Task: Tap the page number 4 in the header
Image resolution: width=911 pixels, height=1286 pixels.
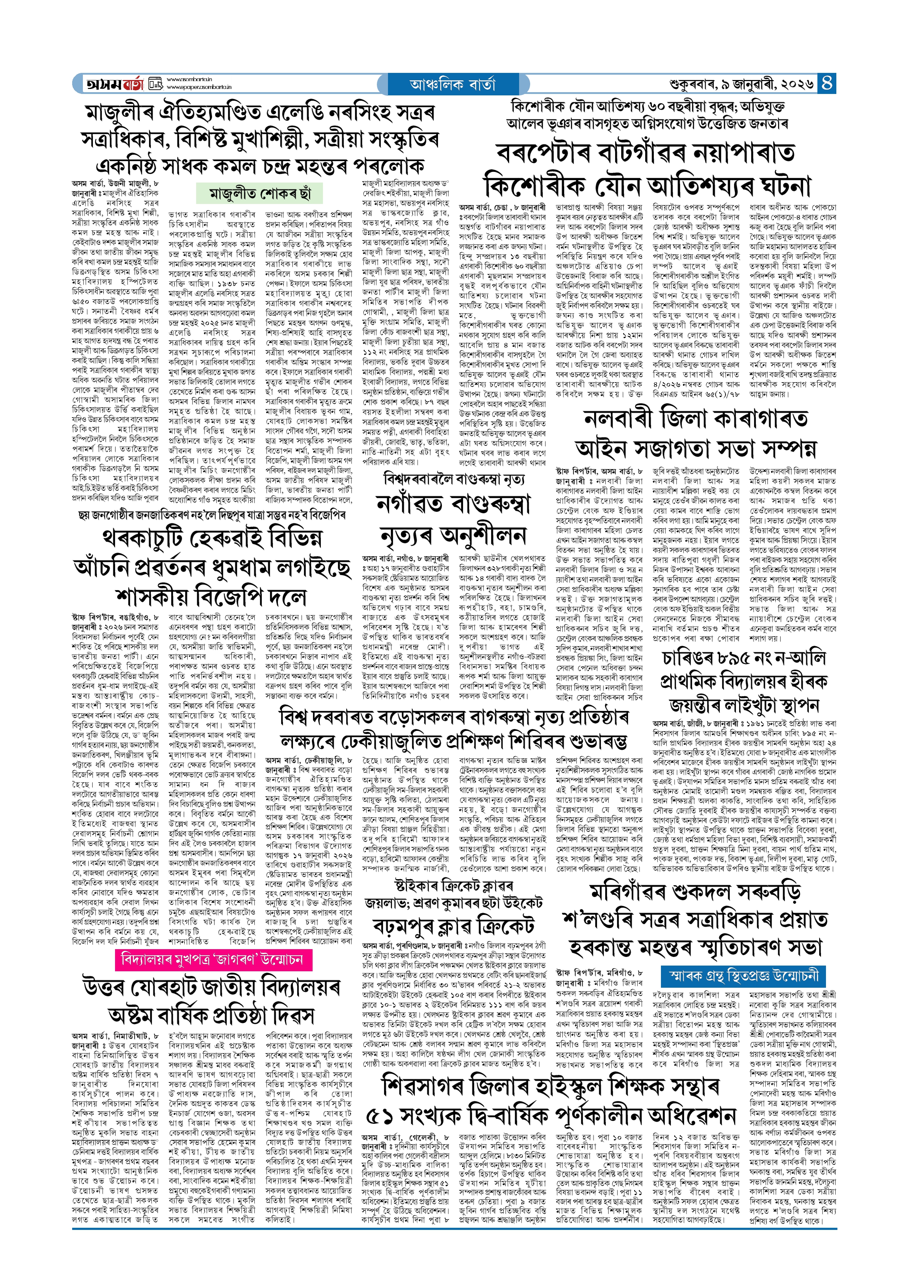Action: pos(827,84)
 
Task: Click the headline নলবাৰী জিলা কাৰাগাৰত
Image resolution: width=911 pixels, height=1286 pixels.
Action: pos(696,419)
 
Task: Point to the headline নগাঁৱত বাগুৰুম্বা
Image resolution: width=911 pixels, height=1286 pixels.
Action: pos(453,505)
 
